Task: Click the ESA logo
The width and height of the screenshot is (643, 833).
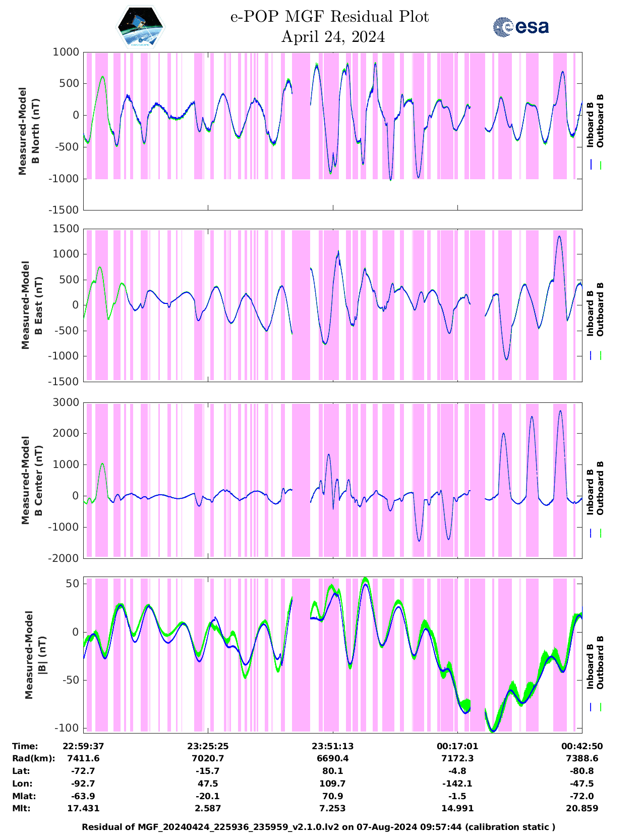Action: click(x=520, y=27)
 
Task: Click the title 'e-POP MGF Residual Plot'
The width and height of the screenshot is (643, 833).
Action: click(x=330, y=17)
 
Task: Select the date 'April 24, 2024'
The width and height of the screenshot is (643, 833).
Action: click(x=333, y=37)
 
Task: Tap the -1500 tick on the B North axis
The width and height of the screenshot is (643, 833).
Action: click(x=64, y=210)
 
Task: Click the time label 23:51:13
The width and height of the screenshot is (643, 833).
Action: click(x=332, y=746)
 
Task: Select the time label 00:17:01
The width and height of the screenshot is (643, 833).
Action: click(x=457, y=746)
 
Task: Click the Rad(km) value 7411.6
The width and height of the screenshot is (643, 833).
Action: click(x=83, y=758)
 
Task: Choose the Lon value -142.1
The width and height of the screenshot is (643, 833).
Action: click(x=457, y=784)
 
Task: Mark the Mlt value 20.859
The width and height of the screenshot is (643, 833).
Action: click(x=582, y=808)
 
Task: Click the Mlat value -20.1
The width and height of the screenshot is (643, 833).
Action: click(x=208, y=796)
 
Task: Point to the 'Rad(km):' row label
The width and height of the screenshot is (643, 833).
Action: click(x=33, y=758)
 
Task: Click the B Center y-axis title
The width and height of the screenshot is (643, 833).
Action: click(x=32, y=480)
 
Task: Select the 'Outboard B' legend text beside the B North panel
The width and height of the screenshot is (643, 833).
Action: click(x=600, y=121)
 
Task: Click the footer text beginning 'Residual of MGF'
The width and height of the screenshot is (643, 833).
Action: click(x=318, y=827)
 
